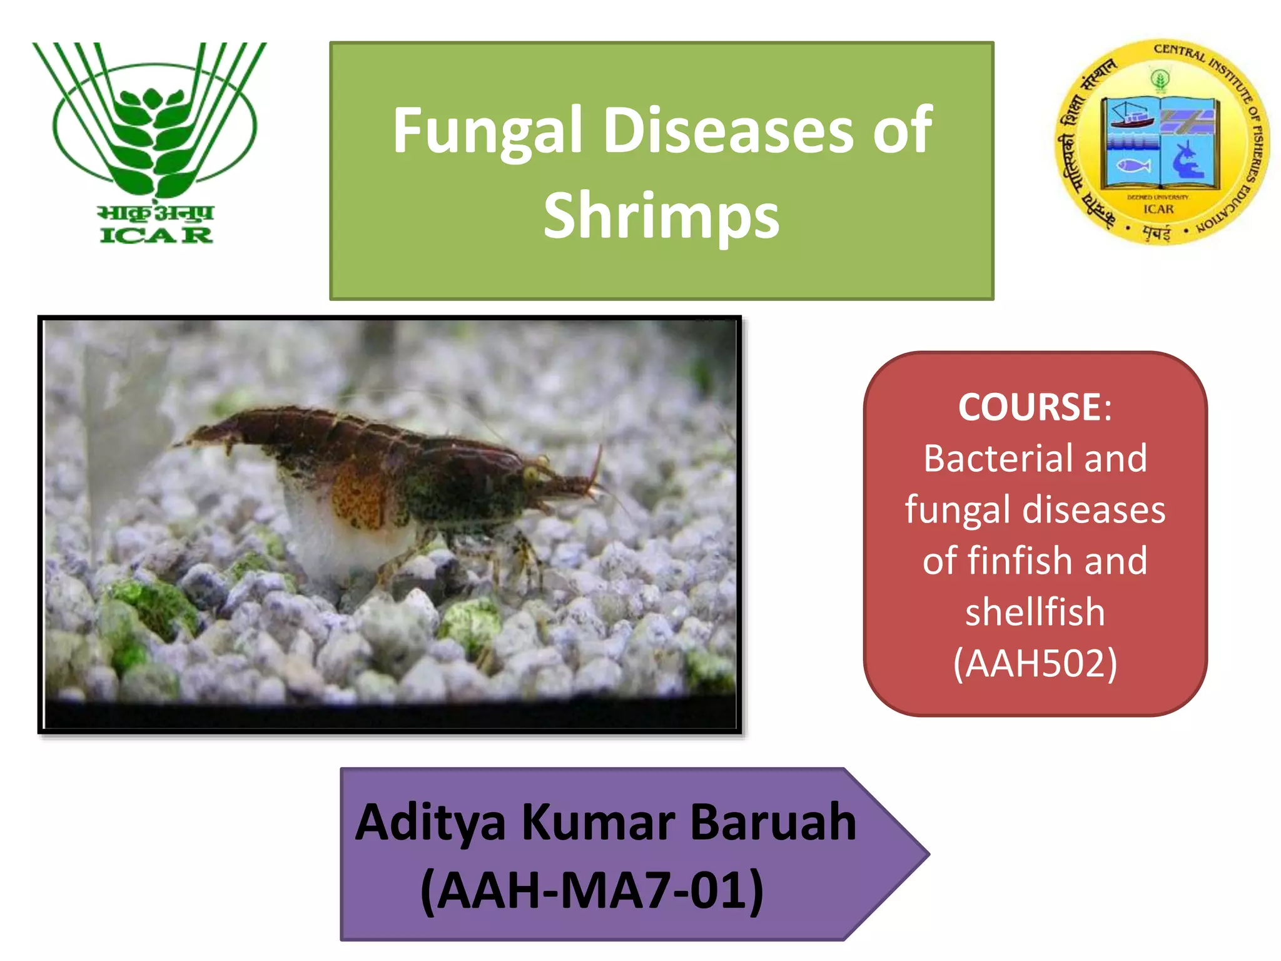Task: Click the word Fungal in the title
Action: click(x=487, y=131)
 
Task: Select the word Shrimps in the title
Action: click(x=661, y=216)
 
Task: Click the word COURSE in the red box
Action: click(x=1029, y=407)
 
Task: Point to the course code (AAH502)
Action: click(x=1035, y=663)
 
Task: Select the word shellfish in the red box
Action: click(x=1035, y=612)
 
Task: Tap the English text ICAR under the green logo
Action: click(x=156, y=235)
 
